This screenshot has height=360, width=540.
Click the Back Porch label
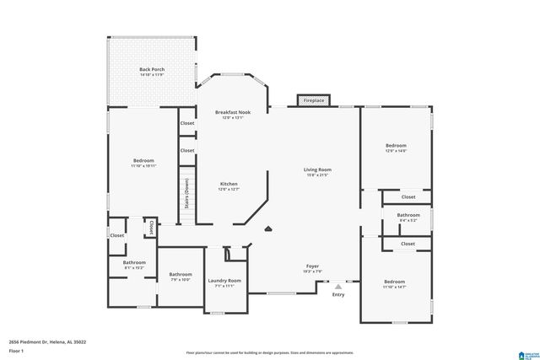point(152,69)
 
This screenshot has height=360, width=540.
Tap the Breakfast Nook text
point(232,112)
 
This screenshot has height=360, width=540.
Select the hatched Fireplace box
point(314,100)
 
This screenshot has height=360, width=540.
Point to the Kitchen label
point(229,184)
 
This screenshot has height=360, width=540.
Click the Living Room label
point(317,169)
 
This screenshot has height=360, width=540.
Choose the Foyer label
point(312,266)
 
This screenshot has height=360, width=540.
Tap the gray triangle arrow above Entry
point(338,287)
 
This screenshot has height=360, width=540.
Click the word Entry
point(338,294)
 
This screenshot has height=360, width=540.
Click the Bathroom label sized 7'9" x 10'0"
point(181,274)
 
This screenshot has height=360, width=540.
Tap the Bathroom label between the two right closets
point(408,215)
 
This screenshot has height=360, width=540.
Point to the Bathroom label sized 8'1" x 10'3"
point(134,262)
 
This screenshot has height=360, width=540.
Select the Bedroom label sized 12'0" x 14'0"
point(396,145)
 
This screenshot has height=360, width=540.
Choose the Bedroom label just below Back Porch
point(143,160)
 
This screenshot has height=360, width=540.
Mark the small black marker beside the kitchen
point(267,227)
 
